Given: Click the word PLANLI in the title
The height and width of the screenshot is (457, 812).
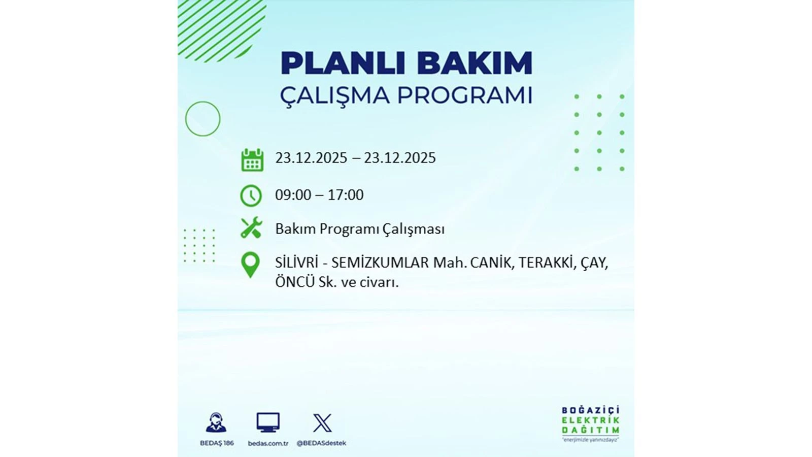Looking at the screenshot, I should tap(343, 63).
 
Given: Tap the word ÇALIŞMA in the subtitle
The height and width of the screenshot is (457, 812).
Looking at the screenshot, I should tap(335, 95).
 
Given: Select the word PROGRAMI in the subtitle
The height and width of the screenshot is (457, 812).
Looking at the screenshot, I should tap(464, 95).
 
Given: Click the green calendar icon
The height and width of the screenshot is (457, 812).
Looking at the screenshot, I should tap(252, 159).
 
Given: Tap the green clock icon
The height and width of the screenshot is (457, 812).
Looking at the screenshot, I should tap(251, 195).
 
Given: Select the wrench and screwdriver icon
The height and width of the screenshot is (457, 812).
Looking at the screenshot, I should tap(251, 228).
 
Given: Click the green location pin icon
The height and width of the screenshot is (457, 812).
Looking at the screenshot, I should tap(250, 265).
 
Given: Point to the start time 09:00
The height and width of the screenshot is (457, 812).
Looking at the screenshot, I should tap(293, 195).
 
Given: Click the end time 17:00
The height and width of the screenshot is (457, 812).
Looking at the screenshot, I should tap(346, 195).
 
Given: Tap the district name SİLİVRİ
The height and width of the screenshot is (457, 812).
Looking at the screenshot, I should tap(296, 263).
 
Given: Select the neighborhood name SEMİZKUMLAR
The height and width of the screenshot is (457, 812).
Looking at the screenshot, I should tap(380, 263).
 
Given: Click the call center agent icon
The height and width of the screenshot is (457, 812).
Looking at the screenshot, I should tap(217, 422).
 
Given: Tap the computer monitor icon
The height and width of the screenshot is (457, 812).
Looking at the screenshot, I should tap(268, 422).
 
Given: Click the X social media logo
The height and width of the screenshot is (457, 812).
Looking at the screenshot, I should tap(322, 422).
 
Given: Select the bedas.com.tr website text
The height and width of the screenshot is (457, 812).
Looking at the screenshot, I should tap(268, 443).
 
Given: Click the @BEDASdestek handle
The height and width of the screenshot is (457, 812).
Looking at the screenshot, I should tap(321, 443).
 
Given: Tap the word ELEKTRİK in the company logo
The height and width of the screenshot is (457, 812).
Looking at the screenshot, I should tap(590, 420).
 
